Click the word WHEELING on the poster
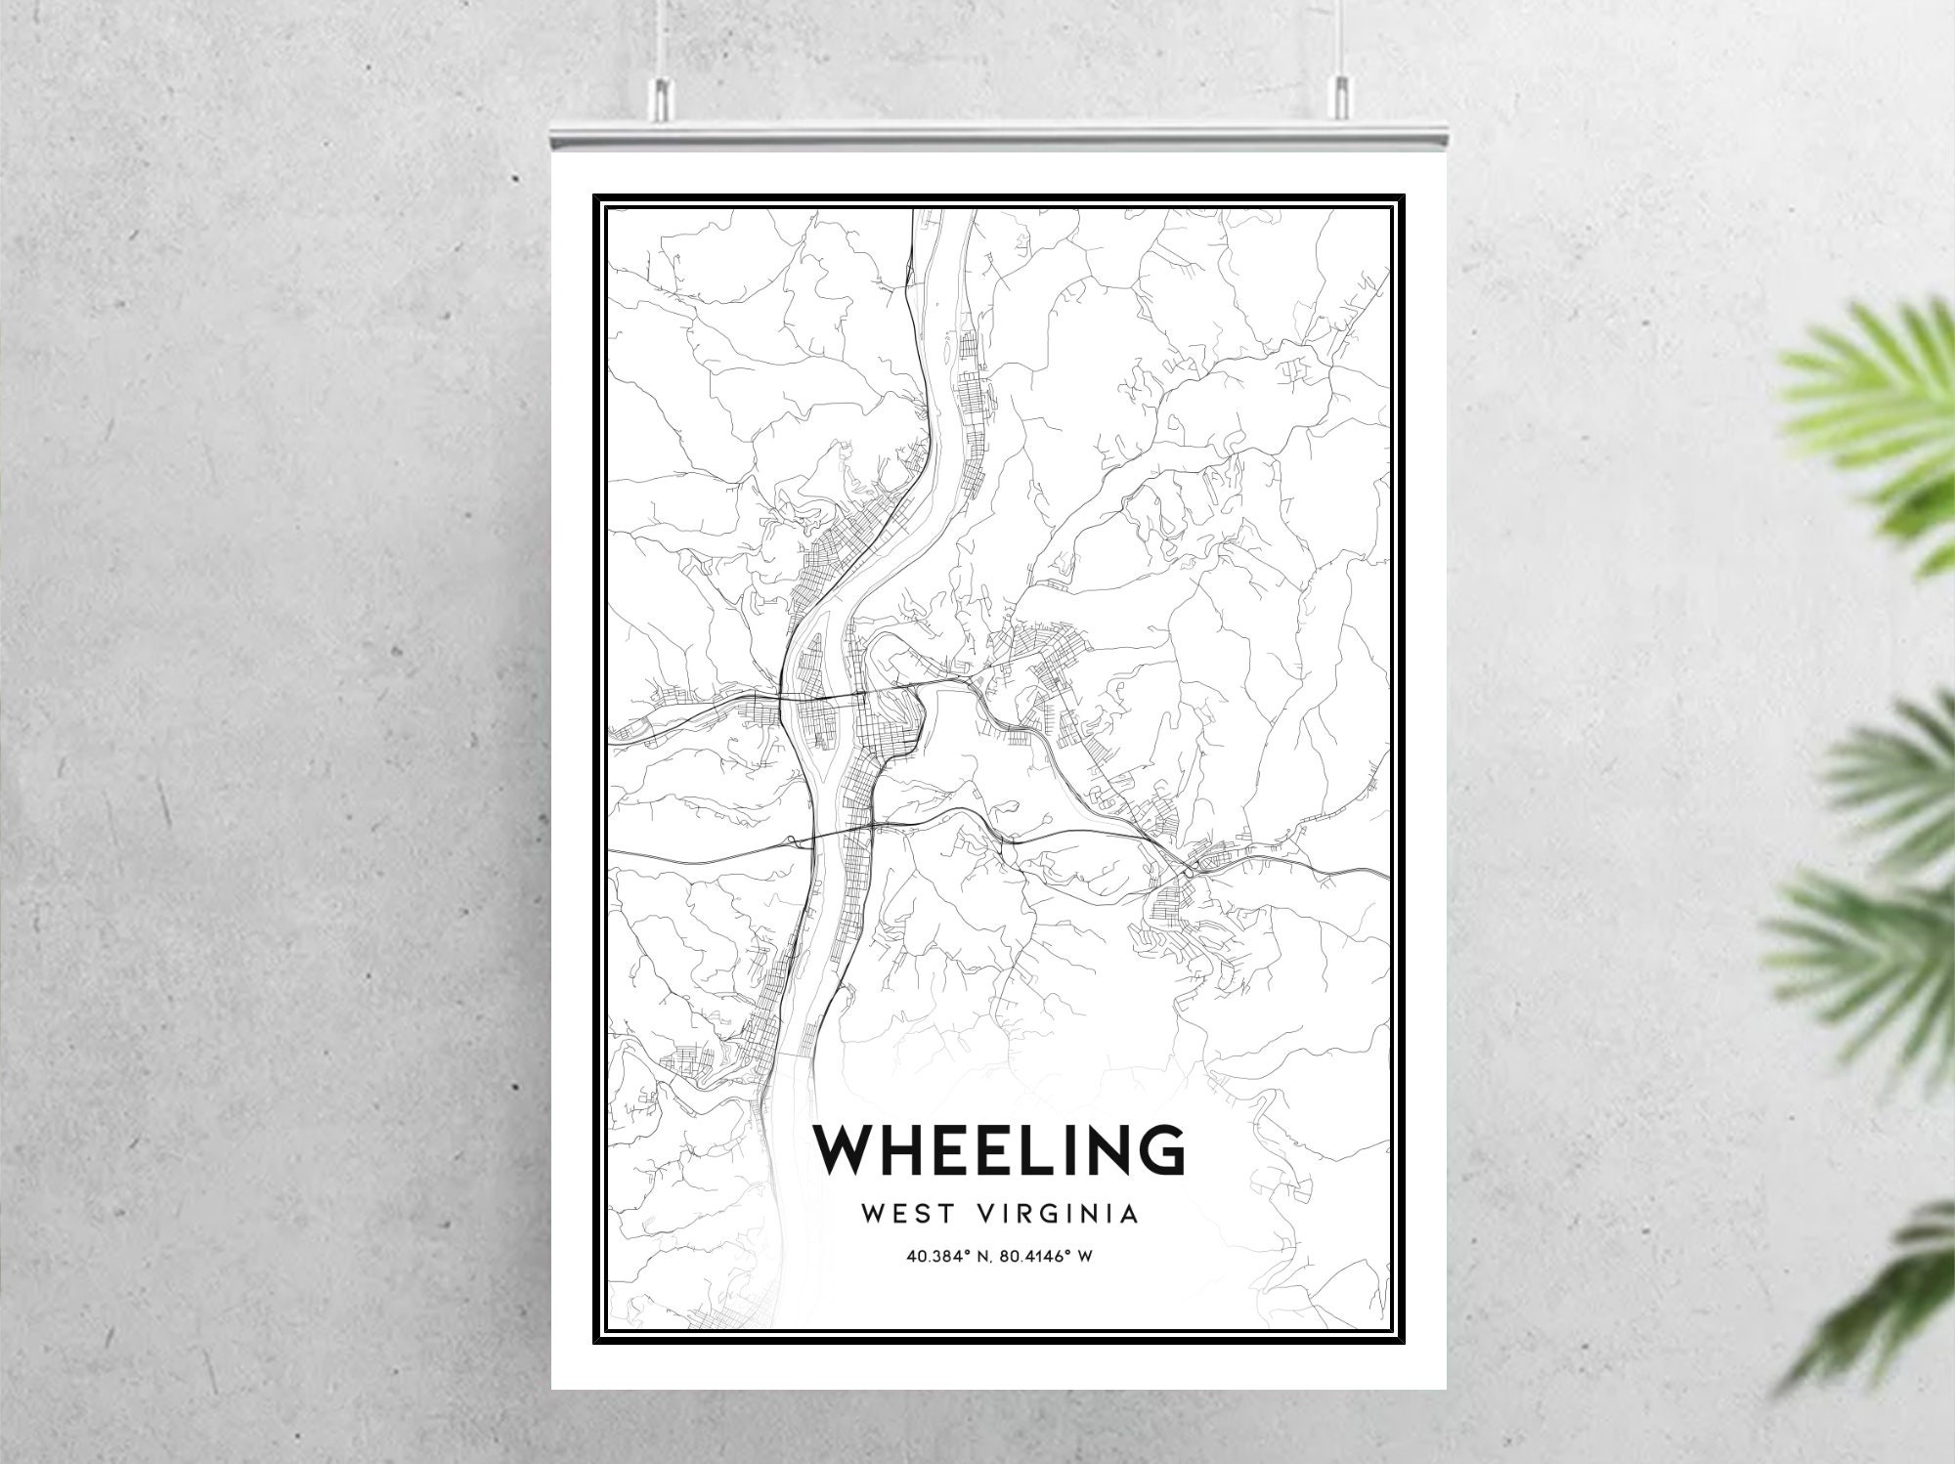tap(999, 1149)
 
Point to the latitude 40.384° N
tap(945, 1257)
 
